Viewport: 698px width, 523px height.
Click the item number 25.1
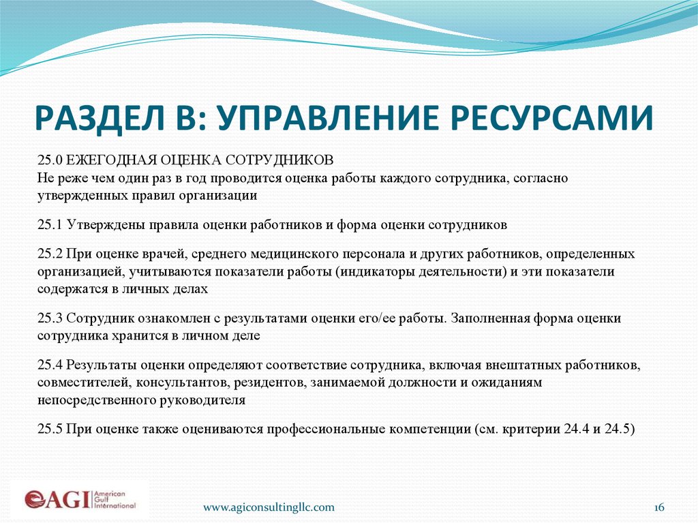50,224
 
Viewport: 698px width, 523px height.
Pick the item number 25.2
50,254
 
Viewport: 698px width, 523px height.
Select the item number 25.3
50,318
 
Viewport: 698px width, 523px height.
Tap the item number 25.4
50,365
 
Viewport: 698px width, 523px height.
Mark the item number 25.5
50,430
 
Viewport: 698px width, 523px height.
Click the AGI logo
80,498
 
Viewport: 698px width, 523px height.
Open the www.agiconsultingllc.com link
269,507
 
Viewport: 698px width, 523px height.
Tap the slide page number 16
658,507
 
